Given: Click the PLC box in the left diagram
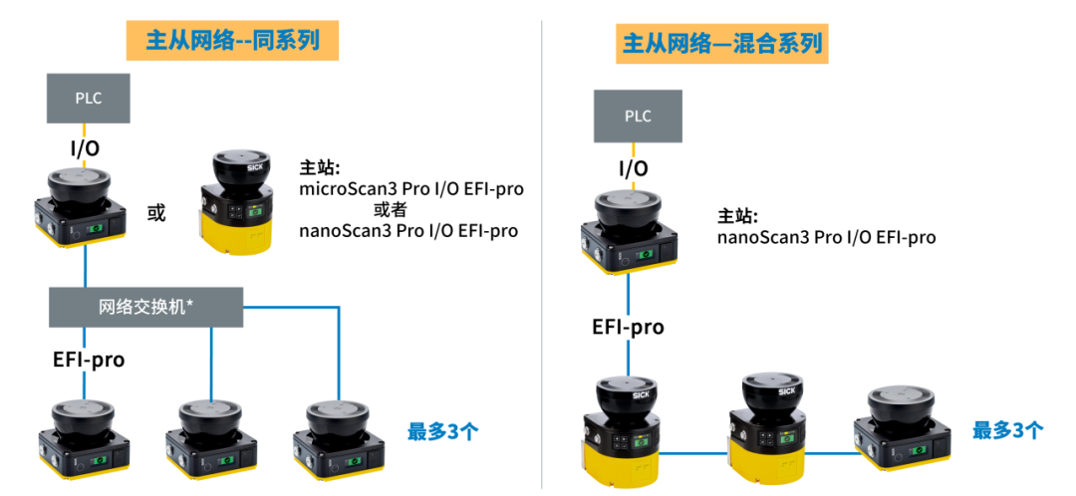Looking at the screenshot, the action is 89,98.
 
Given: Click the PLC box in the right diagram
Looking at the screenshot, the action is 638,116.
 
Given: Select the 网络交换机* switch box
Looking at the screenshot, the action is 146,307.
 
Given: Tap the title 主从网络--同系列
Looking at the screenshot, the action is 232,41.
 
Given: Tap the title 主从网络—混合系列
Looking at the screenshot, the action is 721,43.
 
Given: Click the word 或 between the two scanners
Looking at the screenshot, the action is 156,213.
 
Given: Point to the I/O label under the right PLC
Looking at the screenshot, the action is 634,168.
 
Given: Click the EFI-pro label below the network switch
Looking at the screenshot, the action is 90,359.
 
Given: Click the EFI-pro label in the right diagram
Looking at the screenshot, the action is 628,328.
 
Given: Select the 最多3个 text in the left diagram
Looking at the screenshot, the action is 443,431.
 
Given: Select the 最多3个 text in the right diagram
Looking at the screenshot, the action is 1008,430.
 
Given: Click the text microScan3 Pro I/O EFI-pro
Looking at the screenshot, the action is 411,188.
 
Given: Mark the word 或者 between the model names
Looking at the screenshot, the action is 390,209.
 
